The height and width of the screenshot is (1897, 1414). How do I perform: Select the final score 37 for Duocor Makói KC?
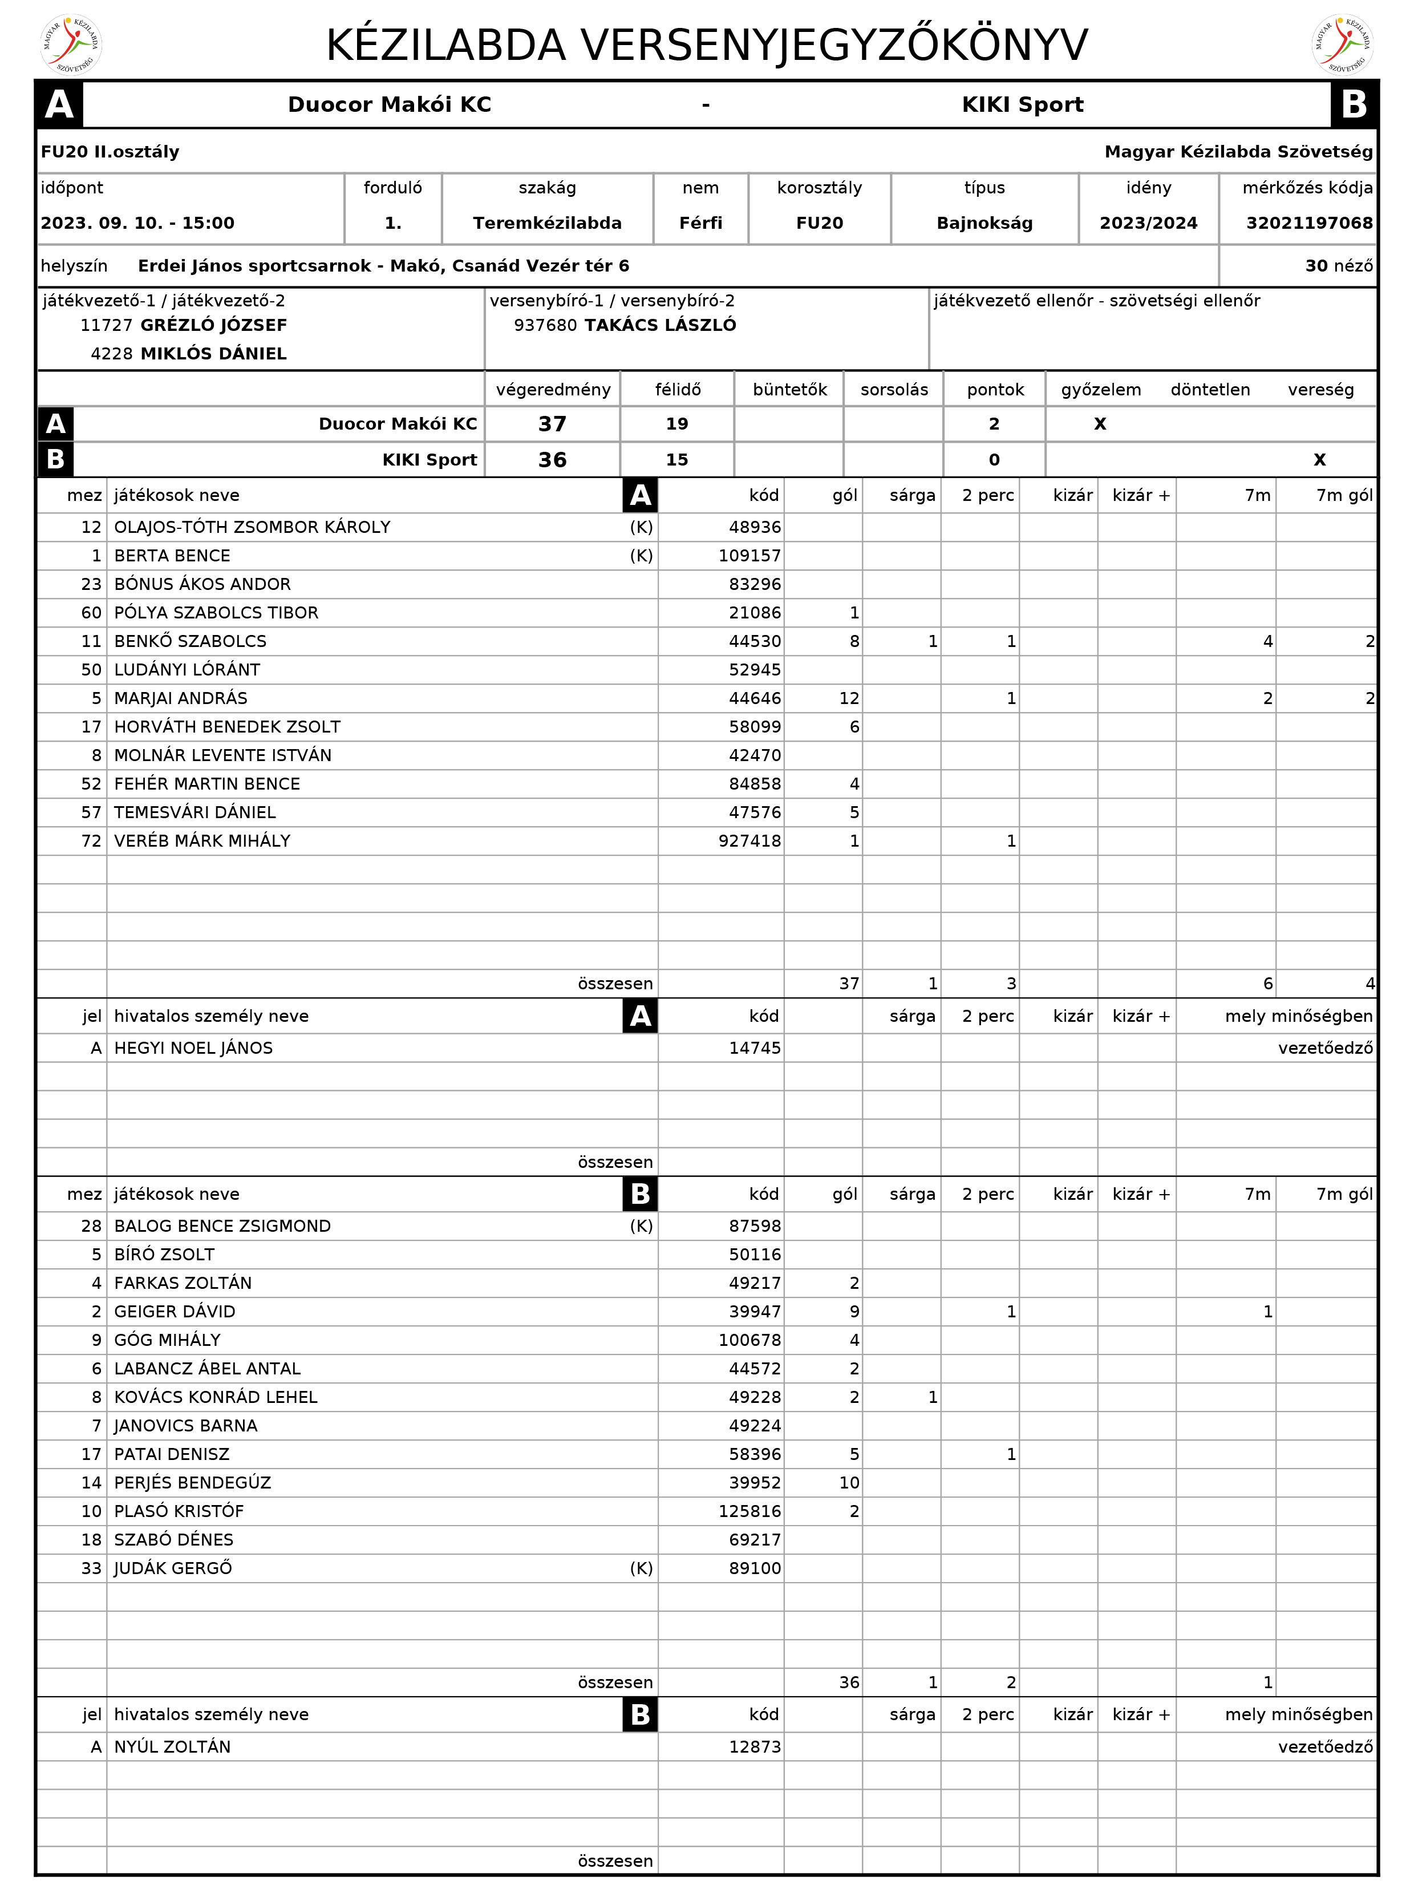click(552, 424)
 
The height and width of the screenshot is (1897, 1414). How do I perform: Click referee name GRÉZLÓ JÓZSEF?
click(213, 325)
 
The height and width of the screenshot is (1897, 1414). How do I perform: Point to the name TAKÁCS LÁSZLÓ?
click(660, 325)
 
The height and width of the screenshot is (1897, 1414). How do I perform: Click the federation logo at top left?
click(71, 45)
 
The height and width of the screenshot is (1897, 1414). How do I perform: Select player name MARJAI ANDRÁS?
click(181, 698)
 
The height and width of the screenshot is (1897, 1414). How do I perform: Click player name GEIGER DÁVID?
click(175, 1312)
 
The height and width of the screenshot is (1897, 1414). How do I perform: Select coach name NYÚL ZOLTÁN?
click(172, 1746)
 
